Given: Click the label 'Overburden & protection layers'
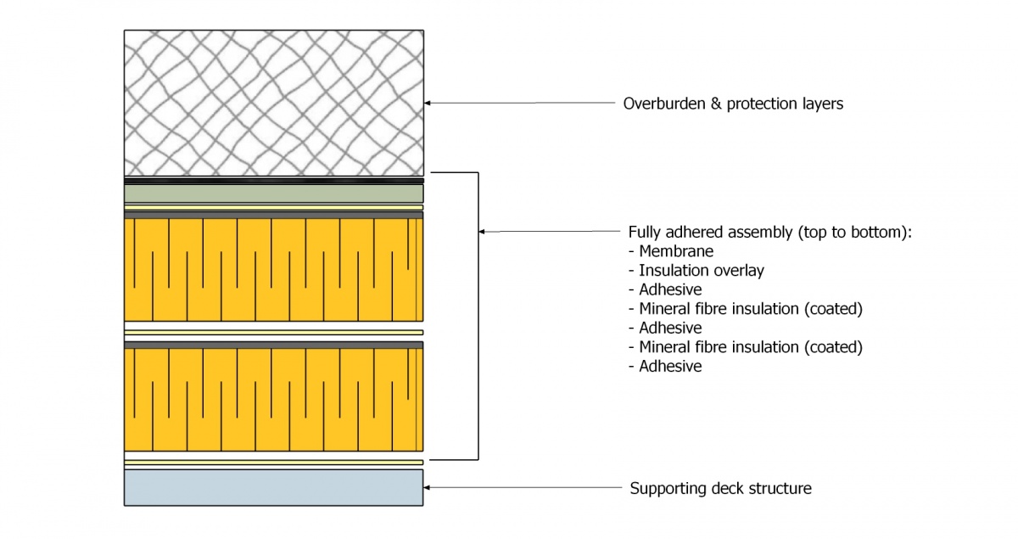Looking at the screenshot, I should pos(733,104).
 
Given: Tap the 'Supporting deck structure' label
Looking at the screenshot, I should pos(720,488).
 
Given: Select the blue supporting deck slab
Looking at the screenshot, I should pos(273,487).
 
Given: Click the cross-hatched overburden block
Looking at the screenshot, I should pos(273,102).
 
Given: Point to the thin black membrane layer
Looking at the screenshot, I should pos(273,181).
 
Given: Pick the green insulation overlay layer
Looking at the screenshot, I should pos(273,194).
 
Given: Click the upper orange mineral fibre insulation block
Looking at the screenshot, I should pos(273,270).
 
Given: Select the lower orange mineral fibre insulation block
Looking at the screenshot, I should pos(273,399).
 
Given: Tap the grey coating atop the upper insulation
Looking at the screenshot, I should pos(273,216).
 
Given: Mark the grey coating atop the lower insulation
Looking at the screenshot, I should pos(273,345).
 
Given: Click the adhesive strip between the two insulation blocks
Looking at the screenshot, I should pos(273,332).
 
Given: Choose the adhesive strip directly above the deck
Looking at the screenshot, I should pos(273,463).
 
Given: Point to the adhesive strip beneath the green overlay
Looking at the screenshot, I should pos(273,206).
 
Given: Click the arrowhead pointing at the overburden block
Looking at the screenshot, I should pos(428,103).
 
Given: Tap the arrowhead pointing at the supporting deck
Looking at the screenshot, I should pos(428,487).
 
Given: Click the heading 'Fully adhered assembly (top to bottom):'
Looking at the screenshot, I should pos(769,232).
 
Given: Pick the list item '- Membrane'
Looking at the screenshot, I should pos(670,251).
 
